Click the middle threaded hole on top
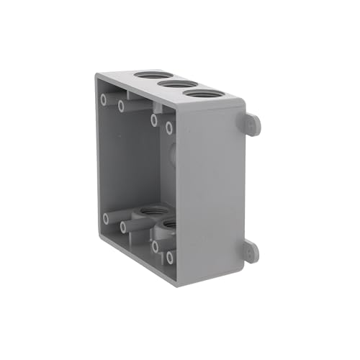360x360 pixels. click(x=171, y=84)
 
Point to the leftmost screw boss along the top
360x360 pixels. click(x=105, y=97)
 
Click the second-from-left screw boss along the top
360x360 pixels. click(x=122, y=107)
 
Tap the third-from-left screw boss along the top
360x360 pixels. click(x=155, y=120)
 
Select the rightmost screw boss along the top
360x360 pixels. click(x=169, y=128)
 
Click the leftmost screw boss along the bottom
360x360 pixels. click(x=106, y=217)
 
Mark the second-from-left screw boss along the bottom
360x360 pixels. click(x=123, y=228)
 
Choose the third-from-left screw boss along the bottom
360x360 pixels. click(x=155, y=246)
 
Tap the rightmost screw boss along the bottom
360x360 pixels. click(x=170, y=256)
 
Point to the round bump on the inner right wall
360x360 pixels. click(x=171, y=153)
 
